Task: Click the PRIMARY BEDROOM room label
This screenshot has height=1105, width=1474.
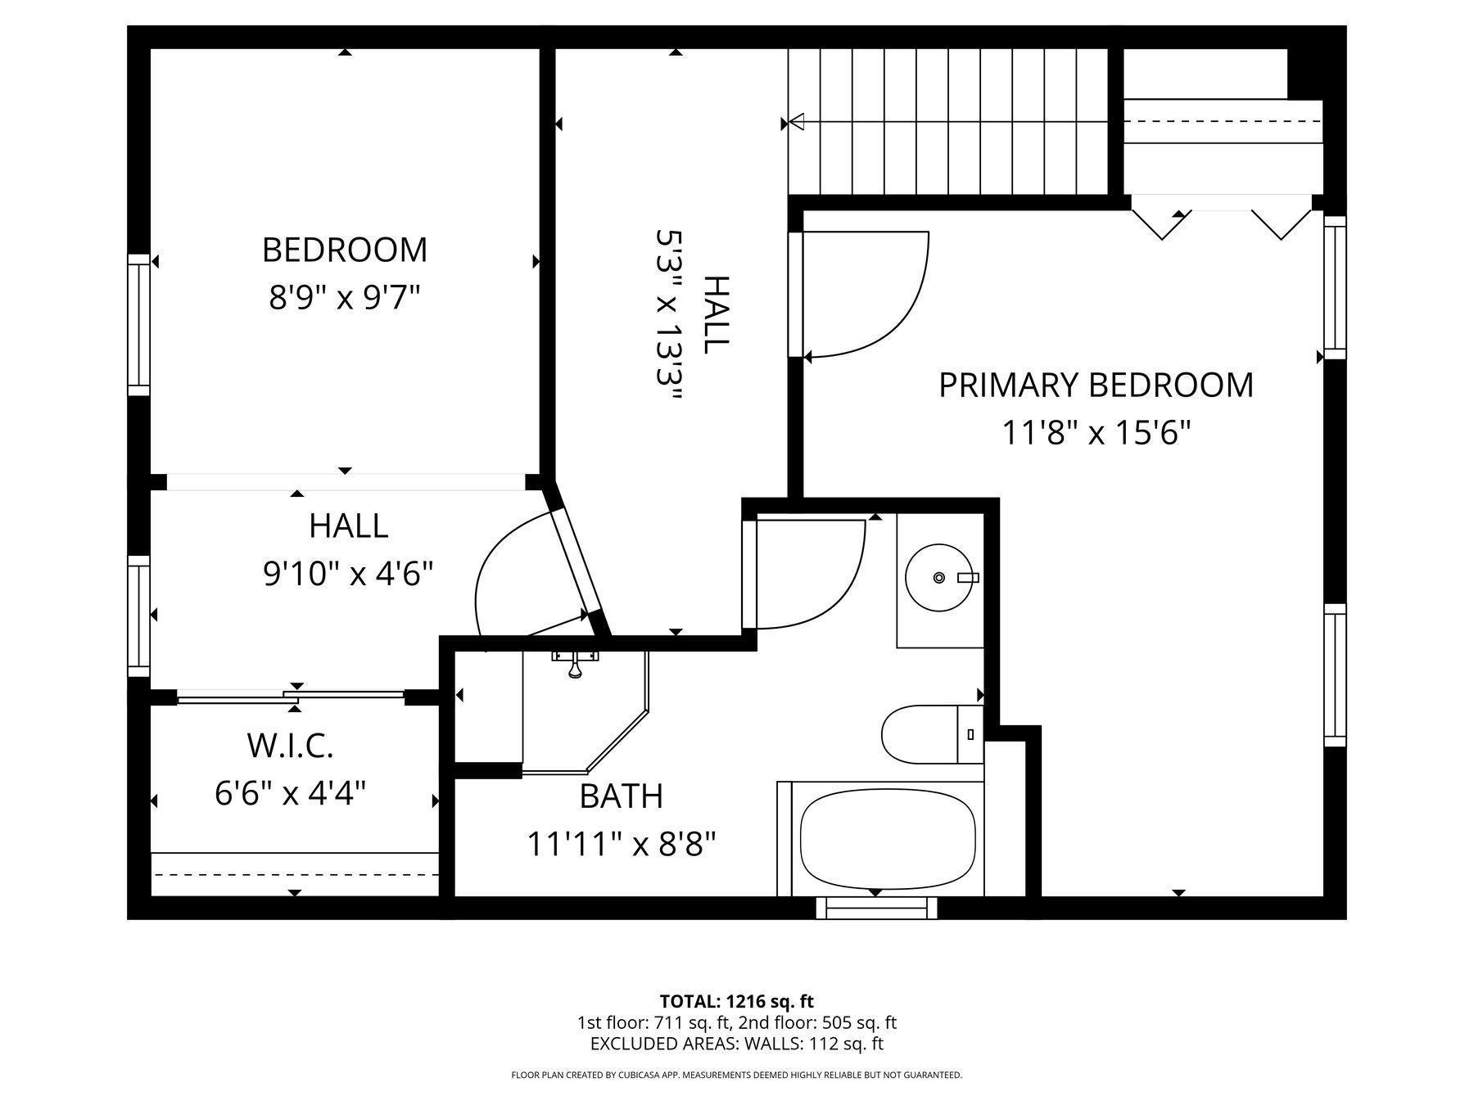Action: [1096, 385]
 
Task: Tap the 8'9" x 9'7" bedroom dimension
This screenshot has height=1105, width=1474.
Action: [345, 297]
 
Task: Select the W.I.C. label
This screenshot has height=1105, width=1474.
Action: [290, 746]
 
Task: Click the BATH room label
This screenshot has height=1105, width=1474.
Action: [621, 796]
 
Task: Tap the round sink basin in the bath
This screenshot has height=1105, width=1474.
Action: [940, 578]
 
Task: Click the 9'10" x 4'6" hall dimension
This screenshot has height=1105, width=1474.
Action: [348, 573]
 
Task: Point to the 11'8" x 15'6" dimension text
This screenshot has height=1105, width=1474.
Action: [1096, 431]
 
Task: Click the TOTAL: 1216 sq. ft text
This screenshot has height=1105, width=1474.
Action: [737, 1001]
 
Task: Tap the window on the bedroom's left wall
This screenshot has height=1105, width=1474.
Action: [139, 325]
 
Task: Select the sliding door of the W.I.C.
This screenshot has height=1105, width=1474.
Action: [291, 697]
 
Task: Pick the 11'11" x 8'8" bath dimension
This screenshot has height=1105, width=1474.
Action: [622, 843]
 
